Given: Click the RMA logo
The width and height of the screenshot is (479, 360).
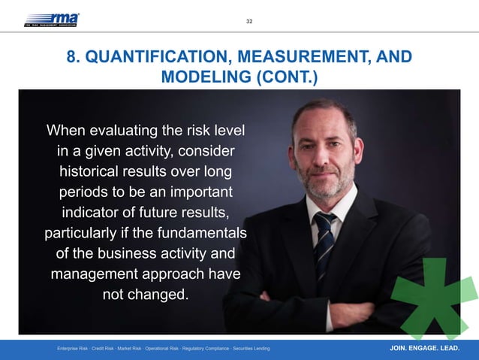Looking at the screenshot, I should tap(52, 20).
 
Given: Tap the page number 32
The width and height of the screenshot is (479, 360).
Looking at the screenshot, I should tap(249, 21).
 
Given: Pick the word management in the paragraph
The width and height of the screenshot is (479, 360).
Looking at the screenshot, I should tap(95, 274).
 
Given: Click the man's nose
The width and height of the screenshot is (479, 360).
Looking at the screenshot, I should tap(325, 153).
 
